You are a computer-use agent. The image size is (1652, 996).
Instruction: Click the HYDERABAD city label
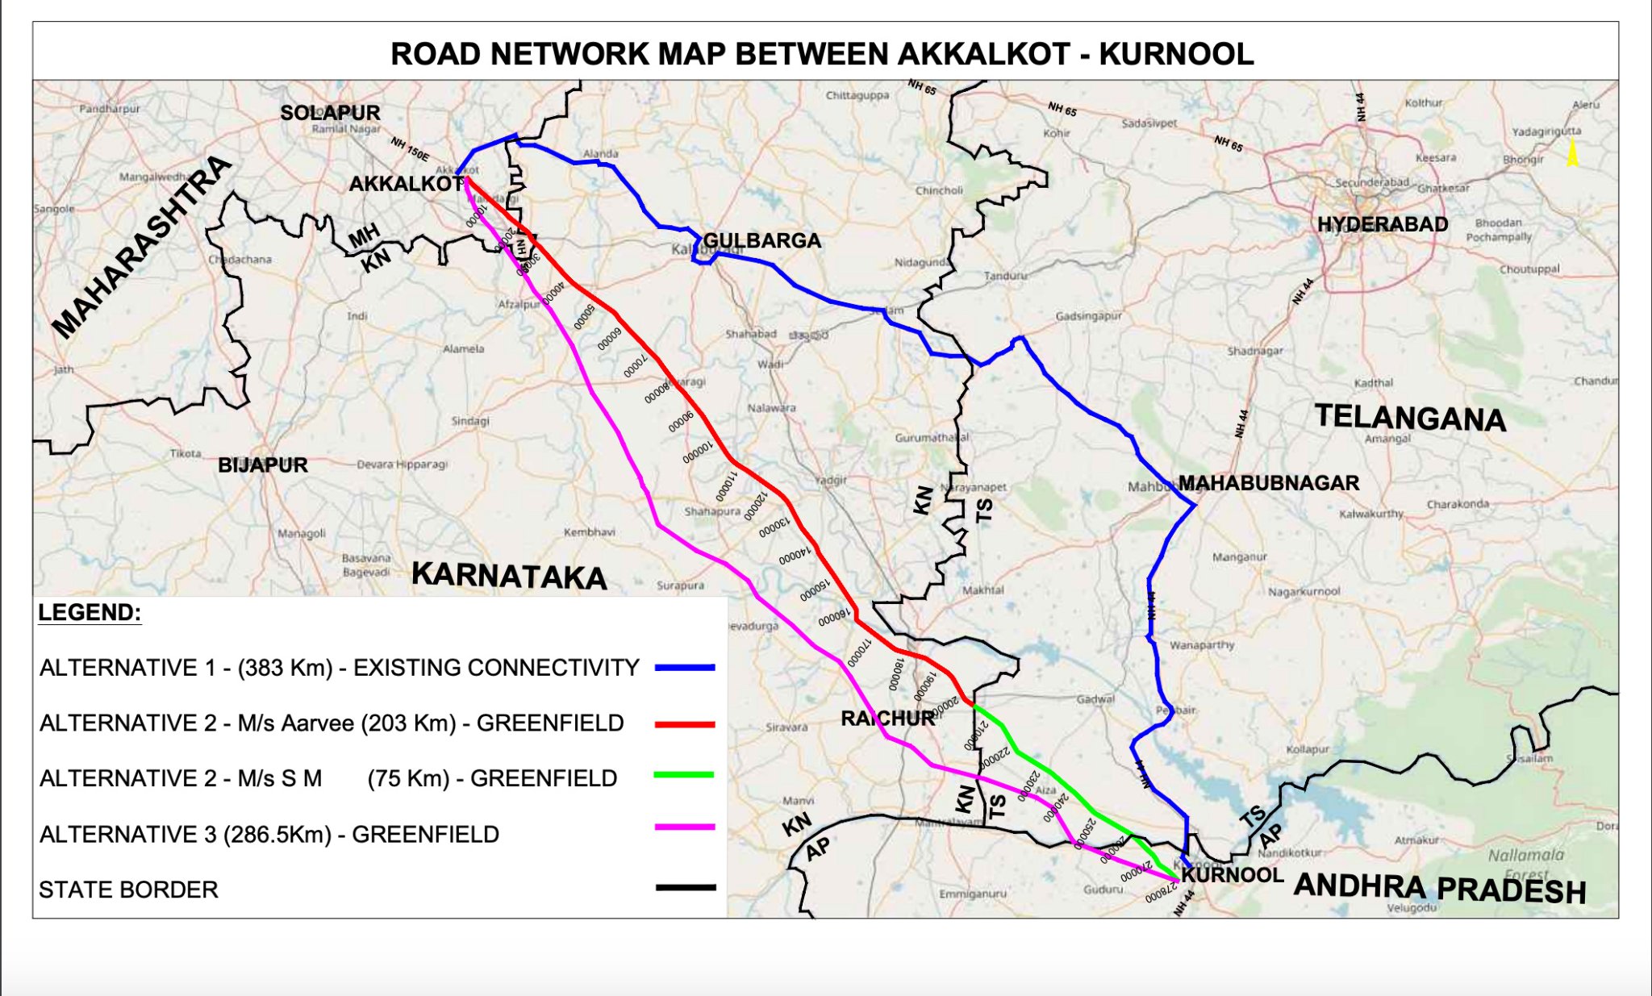[1383, 224]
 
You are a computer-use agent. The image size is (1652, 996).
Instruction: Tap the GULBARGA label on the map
[761, 240]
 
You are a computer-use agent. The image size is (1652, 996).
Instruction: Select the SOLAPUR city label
[330, 113]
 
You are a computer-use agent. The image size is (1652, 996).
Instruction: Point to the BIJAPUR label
[263, 465]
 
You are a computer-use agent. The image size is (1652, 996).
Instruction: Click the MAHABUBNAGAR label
[1269, 483]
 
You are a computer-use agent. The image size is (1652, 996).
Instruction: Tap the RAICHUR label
[887, 718]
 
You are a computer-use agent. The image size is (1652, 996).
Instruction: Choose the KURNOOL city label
[1233, 875]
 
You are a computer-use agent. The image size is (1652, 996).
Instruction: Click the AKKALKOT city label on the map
[406, 184]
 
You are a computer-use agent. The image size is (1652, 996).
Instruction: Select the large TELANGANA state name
[1410, 418]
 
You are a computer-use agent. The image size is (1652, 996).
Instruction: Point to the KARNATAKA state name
[509, 576]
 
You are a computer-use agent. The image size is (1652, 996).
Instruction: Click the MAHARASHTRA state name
[142, 247]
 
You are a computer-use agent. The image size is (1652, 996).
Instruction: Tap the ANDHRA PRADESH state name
[1440, 887]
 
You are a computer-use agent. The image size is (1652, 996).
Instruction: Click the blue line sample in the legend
[685, 668]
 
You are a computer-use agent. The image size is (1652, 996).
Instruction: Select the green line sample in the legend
[685, 775]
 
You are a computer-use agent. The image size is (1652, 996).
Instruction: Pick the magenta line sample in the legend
[685, 827]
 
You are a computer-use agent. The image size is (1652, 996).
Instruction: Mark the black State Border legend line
[685, 887]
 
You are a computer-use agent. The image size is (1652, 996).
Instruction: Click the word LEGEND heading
[90, 613]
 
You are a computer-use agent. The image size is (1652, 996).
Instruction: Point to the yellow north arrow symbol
[1572, 153]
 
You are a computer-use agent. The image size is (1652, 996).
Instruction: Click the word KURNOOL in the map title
[1176, 54]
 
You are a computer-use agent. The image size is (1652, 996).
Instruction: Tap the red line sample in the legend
[685, 724]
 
